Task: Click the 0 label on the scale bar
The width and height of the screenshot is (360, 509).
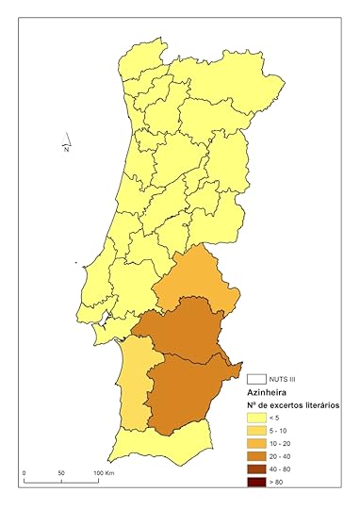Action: click(25, 472)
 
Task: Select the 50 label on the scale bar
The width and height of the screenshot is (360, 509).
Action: click(60, 472)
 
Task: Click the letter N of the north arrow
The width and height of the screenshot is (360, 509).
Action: click(66, 149)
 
